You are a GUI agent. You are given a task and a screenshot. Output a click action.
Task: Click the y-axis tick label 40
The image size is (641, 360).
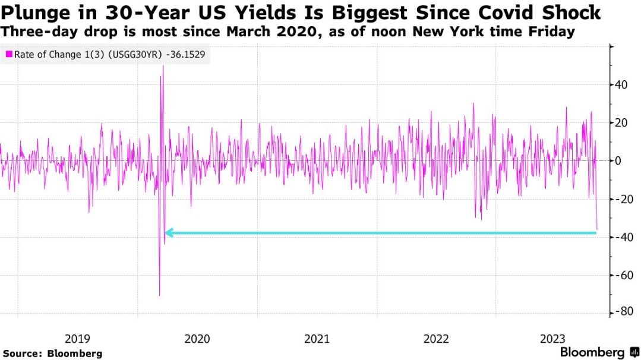pyautogui.click(x=621, y=85)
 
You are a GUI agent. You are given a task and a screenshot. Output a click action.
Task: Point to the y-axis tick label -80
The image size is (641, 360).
pyautogui.click(x=623, y=313)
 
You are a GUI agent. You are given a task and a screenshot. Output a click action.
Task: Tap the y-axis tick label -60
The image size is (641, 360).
pyautogui.click(x=623, y=275)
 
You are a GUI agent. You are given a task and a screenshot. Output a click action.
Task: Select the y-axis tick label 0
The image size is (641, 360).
pyautogui.click(x=618, y=161)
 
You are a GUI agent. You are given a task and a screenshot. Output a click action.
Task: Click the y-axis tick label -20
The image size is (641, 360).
pyautogui.click(x=623, y=199)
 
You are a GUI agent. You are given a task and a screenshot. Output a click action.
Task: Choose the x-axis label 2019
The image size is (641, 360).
pyautogui.click(x=77, y=339)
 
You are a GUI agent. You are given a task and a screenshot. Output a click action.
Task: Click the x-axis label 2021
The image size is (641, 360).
pyautogui.click(x=317, y=339)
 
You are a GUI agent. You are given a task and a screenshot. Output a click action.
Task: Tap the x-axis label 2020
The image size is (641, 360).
pyautogui.click(x=197, y=339)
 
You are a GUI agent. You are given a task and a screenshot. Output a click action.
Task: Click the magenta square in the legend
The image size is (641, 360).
pyautogui.click(x=9, y=55)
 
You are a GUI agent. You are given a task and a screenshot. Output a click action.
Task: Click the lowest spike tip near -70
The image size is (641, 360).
pyautogui.click(x=159, y=295)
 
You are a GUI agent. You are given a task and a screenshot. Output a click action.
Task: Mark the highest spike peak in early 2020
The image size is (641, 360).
pyautogui.click(x=163, y=66)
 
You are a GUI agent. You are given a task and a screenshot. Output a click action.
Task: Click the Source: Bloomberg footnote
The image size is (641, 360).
pyautogui.click(x=53, y=353)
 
